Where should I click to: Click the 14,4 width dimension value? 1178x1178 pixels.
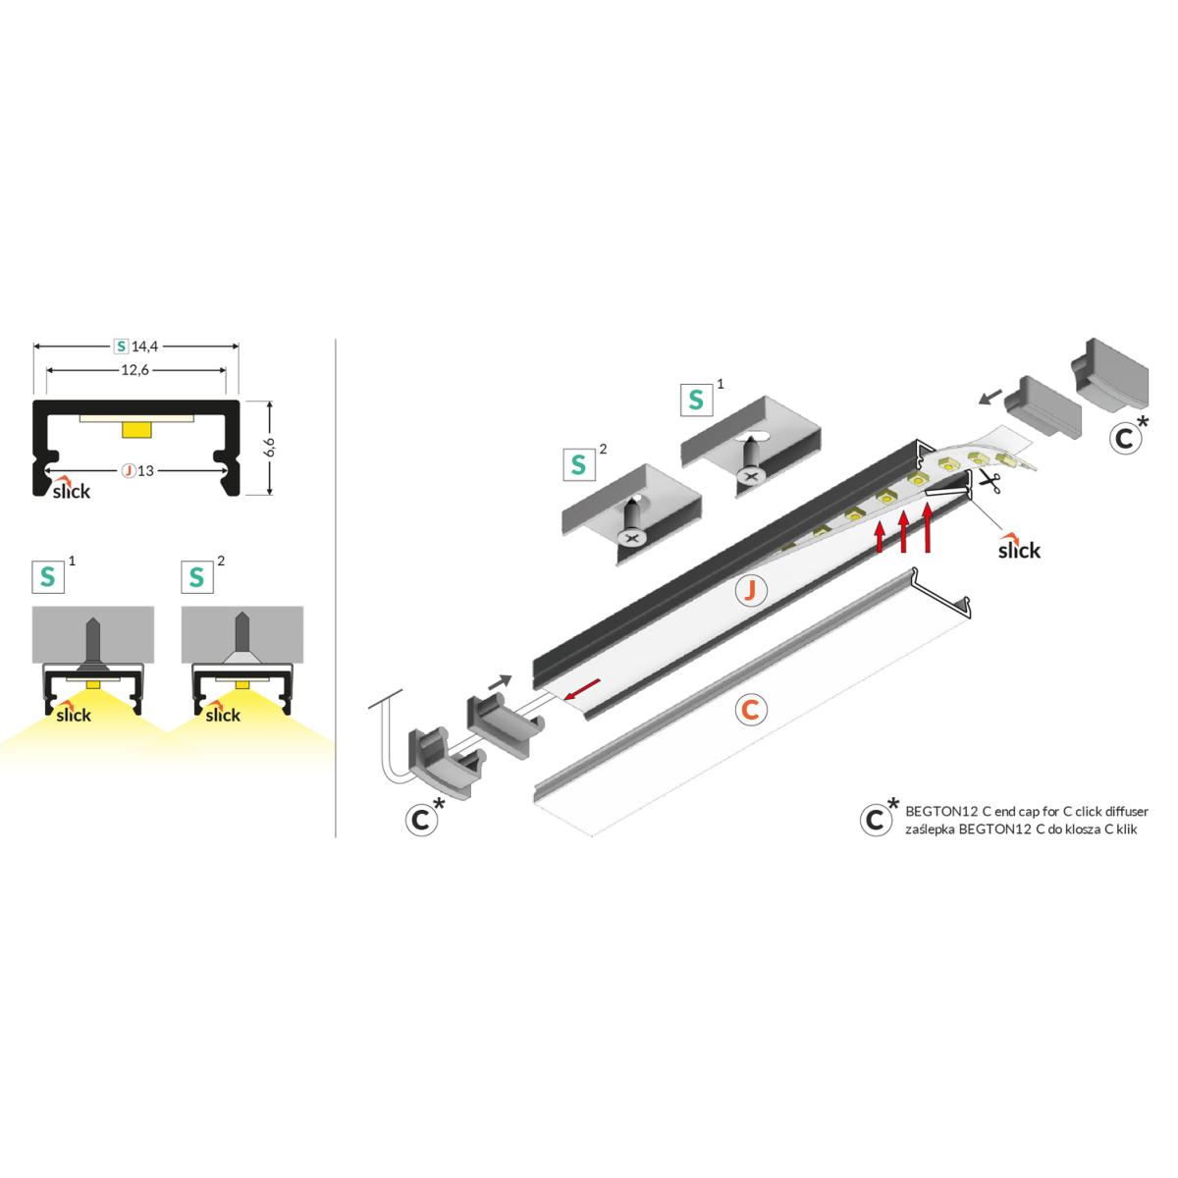(x=145, y=347)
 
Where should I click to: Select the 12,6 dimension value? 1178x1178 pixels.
(x=135, y=370)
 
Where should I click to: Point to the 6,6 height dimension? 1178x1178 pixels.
(x=271, y=447)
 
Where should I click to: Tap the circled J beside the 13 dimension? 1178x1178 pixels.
(x=129, y=471)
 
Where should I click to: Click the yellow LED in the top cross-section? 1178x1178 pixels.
(x=136, y=430)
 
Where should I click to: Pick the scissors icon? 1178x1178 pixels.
(x=990, y=483)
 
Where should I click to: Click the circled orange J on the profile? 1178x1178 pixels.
(x=752, y=590)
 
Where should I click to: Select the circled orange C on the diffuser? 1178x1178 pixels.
(x=751, y=710)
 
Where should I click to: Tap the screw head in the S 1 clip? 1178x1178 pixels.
(x=751, y=474)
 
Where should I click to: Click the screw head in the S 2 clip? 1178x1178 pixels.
(x=632, y=538)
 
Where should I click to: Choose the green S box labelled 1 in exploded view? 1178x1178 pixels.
(x=696, y=400)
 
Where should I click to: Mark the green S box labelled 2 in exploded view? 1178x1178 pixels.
(x=578, y=465)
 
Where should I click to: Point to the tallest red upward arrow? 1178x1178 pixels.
(x=928, y=527)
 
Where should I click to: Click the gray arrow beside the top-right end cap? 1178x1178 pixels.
(x=991, y=397)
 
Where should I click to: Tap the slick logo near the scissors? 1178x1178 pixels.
(x=1019, y=546)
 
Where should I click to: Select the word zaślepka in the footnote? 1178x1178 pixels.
(x=930, y=830)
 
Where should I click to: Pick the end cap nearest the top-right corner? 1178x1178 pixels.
(x=1109, y=375)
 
